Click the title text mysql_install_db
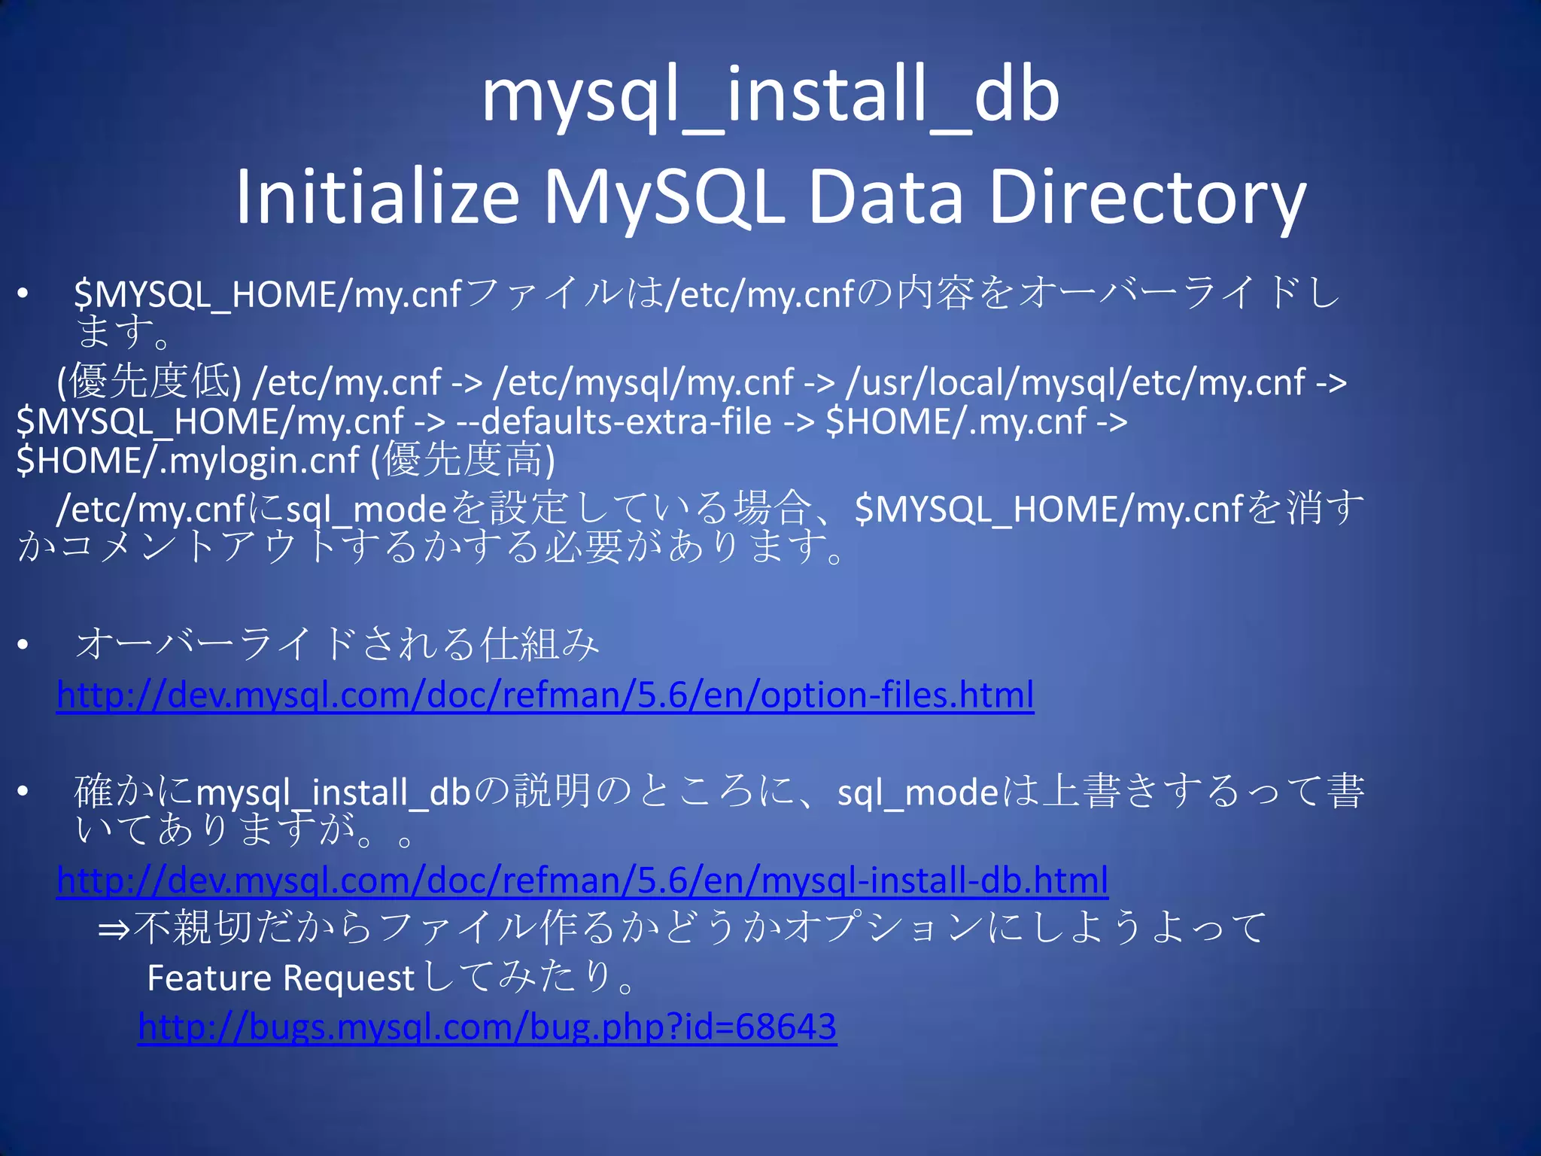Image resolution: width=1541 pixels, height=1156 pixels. coord(770,96)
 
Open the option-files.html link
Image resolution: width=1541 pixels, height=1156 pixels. coord(545,695)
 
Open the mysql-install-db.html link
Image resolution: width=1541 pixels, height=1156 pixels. coord(582,880)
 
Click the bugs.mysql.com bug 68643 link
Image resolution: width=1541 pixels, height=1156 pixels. coord(487,1027)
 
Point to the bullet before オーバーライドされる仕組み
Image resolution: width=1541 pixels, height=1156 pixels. coord(24,645)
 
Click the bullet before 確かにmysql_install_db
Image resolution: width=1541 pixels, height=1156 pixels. coord(24,792)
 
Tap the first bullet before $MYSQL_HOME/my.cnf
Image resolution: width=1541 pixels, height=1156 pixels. coord(24,295)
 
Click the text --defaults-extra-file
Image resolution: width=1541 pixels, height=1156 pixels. coord(614,421)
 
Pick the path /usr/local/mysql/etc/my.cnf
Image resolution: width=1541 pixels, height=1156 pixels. coord(1075,382)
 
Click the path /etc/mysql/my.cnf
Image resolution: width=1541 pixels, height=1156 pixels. coord(643,382)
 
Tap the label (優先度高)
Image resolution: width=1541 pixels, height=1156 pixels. coord(464,460)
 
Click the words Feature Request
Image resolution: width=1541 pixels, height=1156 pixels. coord(281,978)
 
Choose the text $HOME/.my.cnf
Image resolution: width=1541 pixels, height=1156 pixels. coord(956,421)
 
